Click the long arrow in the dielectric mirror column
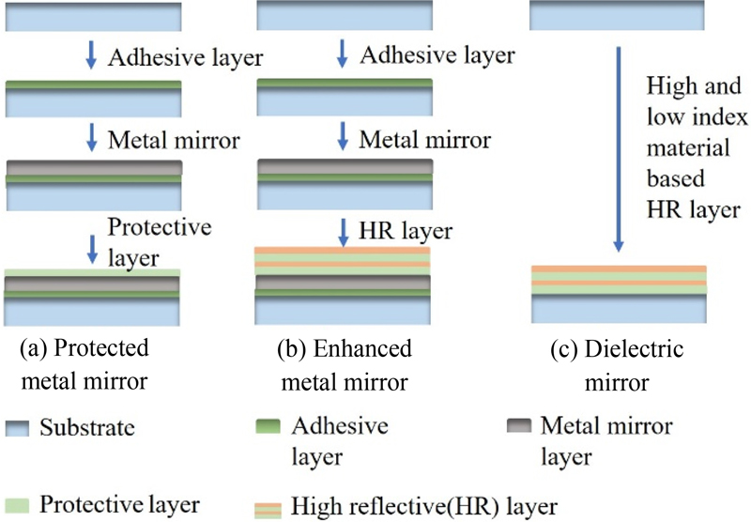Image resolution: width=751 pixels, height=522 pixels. (620, 151)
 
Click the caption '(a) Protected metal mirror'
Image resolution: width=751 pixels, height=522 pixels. (84, 364)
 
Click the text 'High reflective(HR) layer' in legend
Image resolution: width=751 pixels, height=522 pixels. (419, 506)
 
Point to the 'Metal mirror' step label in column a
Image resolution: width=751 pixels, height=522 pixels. (174, 141)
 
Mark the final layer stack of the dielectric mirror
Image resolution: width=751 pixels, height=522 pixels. (619, 294)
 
